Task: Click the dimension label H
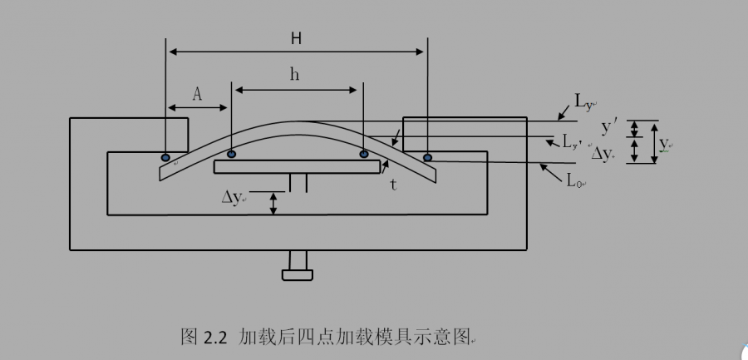pyautogui.click(x=296, y=38)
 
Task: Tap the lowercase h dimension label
pyautogui.click(x=294, y=74)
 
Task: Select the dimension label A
pyautogui.click(x=197, y=94)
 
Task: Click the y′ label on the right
pyautogui.click(x=609, y=126)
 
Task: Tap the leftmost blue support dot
pyautogui.click(x=166, y=157)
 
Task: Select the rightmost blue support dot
pyautogui.click(x=427, y=156)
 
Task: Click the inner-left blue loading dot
pyautogui.click(x=231, y=154)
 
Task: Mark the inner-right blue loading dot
pyautogui.click(x=363, y=154)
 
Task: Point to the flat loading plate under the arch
pyautogui.click(x=297, y=167)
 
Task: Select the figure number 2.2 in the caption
pyautogui.click(x=215, y=337)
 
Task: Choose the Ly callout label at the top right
pyautogui.click(x=583, y=102)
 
